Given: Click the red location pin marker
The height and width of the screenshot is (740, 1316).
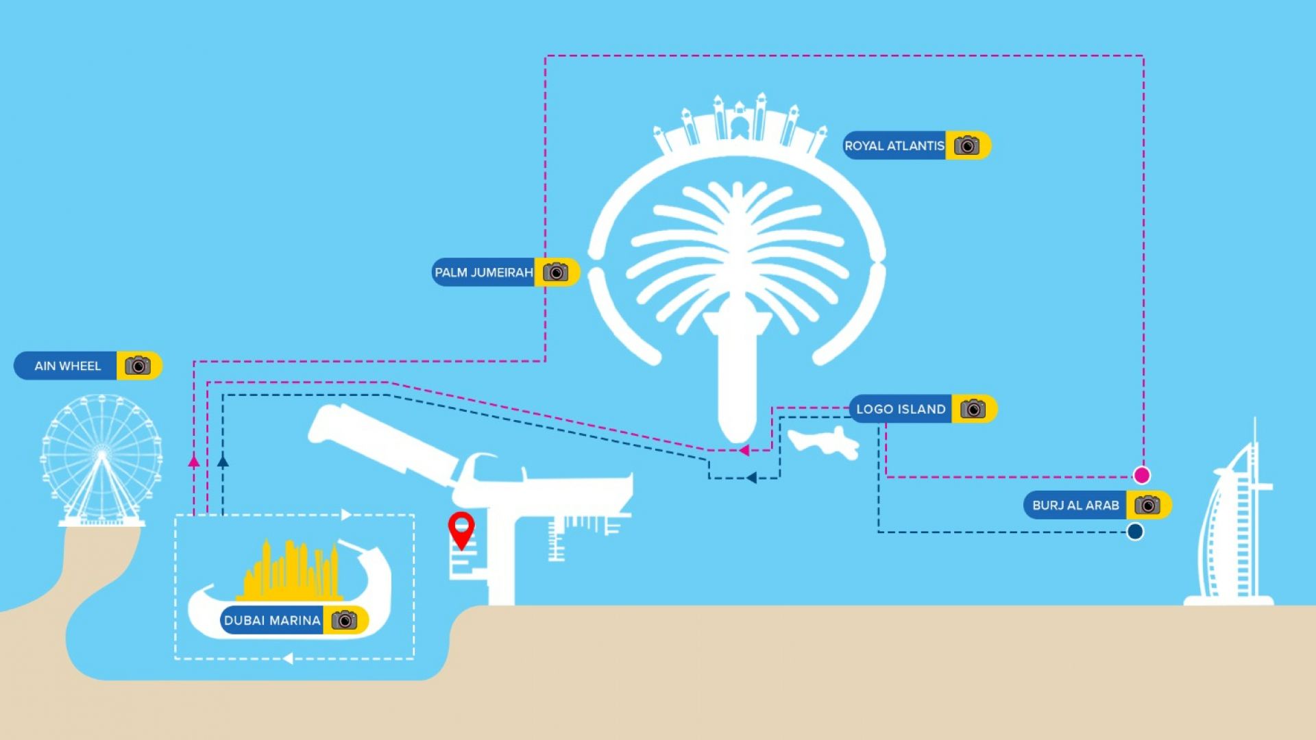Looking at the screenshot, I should [x=461, y=528].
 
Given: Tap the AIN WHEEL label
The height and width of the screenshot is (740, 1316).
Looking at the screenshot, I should [x=67, y=366].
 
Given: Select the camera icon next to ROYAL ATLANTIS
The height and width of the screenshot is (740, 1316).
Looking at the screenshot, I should [x=966, y=145].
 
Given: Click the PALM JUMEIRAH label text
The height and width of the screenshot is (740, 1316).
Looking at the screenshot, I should [x=484, y=273].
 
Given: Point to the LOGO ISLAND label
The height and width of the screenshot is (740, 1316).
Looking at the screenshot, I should [x=901, y=409].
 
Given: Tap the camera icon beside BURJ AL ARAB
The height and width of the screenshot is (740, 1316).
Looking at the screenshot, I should [x=1147, y=505].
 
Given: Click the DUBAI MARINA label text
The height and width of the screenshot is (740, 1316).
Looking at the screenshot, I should [x=272, y=620].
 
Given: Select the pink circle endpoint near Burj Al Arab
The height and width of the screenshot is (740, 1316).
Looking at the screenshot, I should [x=1141, y=475].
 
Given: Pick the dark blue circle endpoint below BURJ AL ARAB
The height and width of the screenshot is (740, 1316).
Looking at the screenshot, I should [x=1135, y=532].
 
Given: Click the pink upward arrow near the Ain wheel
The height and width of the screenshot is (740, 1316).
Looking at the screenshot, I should [x=194, y=462].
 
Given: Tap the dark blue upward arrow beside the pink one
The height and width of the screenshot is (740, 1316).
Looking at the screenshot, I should [x=223, y=462].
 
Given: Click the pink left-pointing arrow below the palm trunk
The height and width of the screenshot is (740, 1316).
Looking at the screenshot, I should [x=744, y=450].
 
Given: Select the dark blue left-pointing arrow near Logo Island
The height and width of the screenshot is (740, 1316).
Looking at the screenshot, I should [x=751, y=478].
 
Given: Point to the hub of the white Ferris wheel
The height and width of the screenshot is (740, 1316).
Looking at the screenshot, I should [x=101, y=454].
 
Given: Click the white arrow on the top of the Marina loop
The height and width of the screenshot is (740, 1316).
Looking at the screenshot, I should [x=346, y=515].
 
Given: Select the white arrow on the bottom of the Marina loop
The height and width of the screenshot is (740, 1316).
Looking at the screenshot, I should [x=288, y=658].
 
